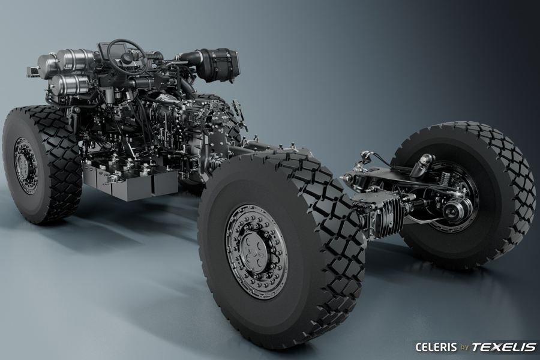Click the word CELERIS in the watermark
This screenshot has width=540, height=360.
point(436,347)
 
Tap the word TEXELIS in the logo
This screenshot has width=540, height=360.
point(503,347)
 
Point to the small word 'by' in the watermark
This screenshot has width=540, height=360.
point(464,347)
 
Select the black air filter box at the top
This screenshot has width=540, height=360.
point(220,65)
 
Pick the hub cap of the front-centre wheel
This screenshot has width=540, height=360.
point(254,250)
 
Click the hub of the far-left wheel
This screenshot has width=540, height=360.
point(25,166)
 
